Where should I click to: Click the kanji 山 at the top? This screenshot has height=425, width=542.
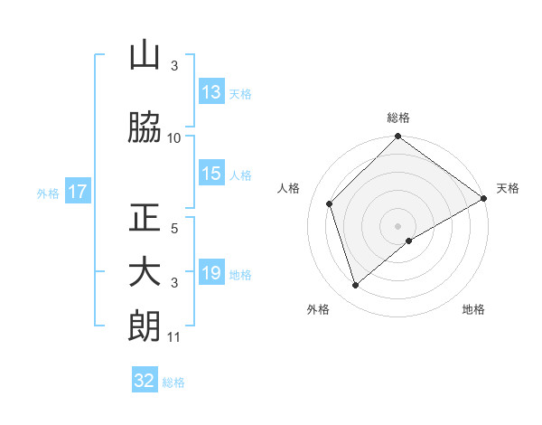tap(145, 56)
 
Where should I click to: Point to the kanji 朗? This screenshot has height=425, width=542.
tap(145, 326)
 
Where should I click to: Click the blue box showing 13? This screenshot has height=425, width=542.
tap(211, 92)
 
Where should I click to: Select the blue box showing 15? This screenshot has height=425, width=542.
tap(211, 175)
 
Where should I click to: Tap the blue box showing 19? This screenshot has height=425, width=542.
tap(211, 274)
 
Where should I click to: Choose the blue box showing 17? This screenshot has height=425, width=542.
tap(78, 192)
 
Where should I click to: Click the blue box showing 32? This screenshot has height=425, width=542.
tap(145, 381)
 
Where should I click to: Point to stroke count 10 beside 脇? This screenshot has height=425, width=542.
tap(174, 138)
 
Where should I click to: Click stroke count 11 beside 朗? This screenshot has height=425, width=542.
tap(174, 338)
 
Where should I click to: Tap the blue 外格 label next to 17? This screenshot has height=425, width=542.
tap(48, 193)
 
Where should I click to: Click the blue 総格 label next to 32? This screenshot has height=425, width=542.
tap(173, 382)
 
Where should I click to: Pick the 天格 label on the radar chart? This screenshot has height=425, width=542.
tap(508, 188)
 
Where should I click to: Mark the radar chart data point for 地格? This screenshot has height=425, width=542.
tap(409, 241)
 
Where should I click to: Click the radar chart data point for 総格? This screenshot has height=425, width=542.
tap(397, 137)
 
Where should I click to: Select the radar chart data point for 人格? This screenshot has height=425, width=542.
tap(330, 203)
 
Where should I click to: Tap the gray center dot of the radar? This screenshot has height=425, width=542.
tap(397, 225)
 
